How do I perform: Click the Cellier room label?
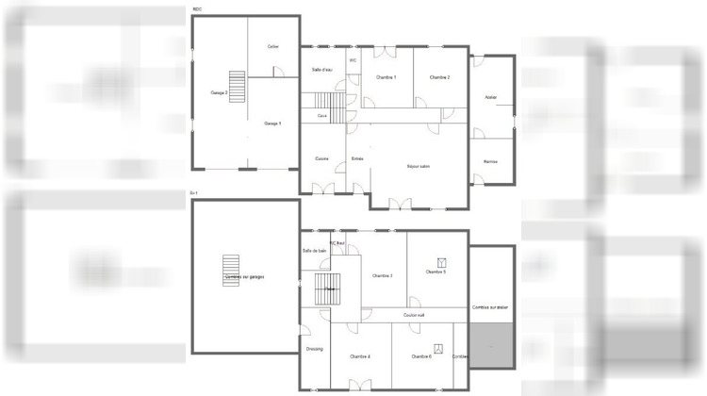click(x=273, y=45)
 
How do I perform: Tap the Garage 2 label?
click(x=221, y=92)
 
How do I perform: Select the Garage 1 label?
click(x=272, y=124)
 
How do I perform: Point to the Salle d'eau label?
click(x=321, y=70)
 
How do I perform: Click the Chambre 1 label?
click(x=386, y=76)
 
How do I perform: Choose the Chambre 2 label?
click(x=439, y=76)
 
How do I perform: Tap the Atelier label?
click(x=490, y=97)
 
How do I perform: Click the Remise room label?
click(x=490, y=161)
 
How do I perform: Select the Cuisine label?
click(x=321, y=157)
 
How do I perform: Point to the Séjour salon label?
click(x=419, y=166)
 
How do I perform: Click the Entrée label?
click(x=357, y=158)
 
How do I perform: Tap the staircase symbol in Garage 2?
click(x=237, y=86)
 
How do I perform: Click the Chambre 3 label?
click(x=382, y=275)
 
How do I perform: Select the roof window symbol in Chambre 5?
click(x=440, y=260)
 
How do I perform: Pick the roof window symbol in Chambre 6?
click(x=437, y=346)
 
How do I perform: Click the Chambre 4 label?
click(x=360, y=355)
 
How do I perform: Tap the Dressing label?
click(x=315, y=349)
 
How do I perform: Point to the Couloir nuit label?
click(x=413, y=314)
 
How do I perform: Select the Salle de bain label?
click(x=314, y=250)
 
